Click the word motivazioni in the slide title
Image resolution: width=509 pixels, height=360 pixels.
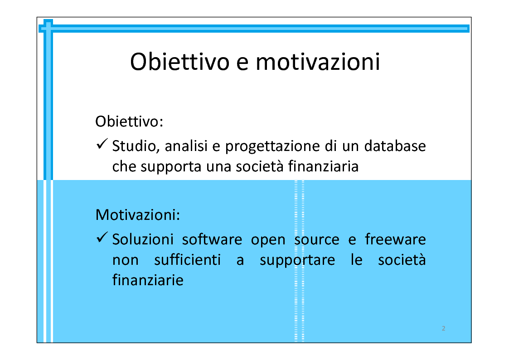(x=318, y=62)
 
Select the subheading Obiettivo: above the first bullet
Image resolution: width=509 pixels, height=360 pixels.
(x=129, y=122)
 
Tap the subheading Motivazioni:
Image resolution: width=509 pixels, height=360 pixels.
(x=138, y=214)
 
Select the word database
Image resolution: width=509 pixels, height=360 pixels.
(x=395, y=146)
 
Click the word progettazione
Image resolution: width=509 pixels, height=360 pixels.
(x=272, y=147)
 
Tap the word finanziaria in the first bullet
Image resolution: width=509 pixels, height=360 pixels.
(x=323, y=166)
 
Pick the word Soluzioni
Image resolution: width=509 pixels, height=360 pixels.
(x=143, y=239)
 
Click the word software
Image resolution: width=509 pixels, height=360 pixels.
(x=212, y=239)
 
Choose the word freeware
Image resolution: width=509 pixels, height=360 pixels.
(x=395, y=239)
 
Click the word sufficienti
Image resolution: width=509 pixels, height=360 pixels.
(x=187, y=260)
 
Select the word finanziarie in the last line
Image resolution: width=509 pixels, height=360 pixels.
(x=148, y=280)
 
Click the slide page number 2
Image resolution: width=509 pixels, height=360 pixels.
(x=443, y=329)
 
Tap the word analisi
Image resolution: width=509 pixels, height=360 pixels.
(x=186, y=146)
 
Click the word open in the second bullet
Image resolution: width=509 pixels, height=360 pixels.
(x=268, y=241)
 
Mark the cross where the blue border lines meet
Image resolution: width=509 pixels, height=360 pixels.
(x=48, y=29)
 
